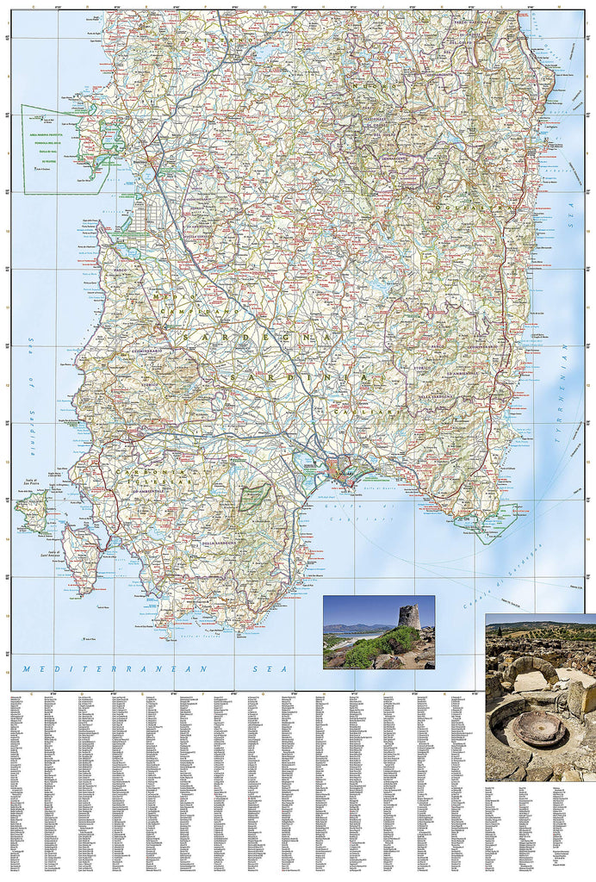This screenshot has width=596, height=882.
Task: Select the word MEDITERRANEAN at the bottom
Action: (81, 668)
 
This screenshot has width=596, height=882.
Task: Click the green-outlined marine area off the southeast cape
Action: (495, 522)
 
